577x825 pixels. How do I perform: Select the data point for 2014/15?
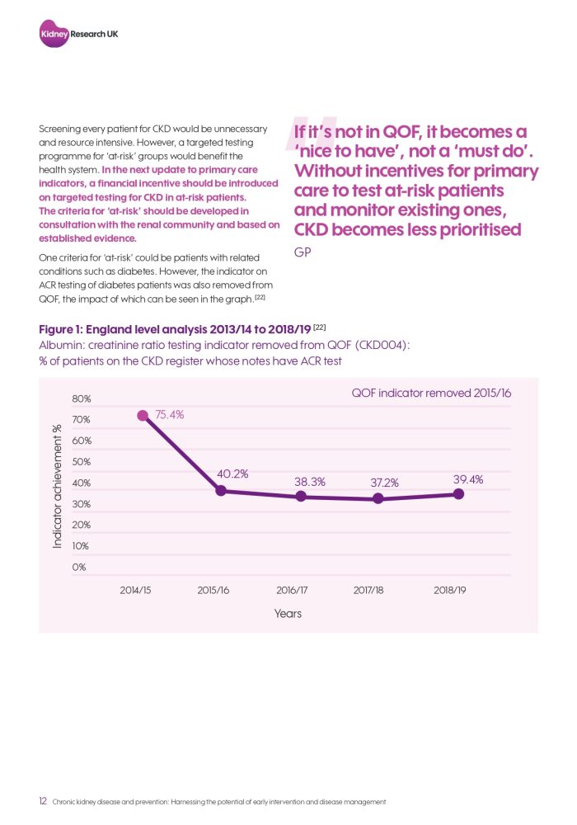pyautogui.click(x=143, y=416)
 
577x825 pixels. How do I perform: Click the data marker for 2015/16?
pyautogui.click(x=221, y=491)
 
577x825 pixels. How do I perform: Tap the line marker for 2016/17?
pyautogui.click(x=301, y=496)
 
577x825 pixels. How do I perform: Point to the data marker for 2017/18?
pyautogui.click(x=378, y=498)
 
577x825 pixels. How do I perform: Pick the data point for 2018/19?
pyautogui.click(x=458, y=493)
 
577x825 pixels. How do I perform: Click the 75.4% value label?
pyautogui.click(x=169, y=415)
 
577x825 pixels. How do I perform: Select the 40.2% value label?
pyautogui.click(x=232, y=474)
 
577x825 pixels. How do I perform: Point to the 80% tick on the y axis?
pyautogui.click(x=82, y=399)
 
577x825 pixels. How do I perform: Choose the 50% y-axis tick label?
pyautogui.click(x=82, y=462)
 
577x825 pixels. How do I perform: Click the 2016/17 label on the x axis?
pyautogui.click(x=292, y=591)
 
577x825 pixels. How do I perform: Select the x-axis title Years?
pyautogui.click(x=288, y=613)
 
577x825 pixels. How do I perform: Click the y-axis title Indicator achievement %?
pyautogui.click(x=58, y=486)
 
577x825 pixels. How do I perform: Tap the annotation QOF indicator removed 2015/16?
pyautogui.click(x=431, y=394)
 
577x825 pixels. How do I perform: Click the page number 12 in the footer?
pyautogui.click(x=43, y=801)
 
